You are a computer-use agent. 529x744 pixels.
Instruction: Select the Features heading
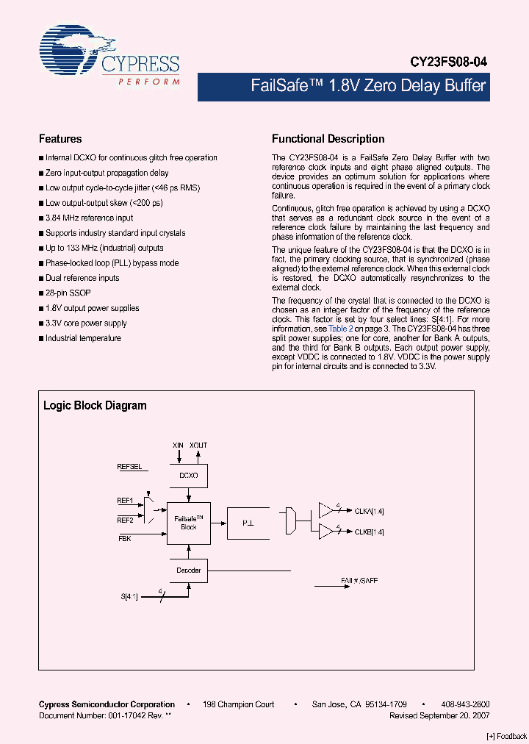point(60,139)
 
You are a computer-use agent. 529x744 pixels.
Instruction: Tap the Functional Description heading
point(328,139)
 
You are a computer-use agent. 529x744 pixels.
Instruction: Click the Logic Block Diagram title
point(95,406)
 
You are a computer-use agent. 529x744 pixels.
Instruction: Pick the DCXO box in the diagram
point(189,476)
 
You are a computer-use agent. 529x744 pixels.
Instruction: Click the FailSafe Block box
point(189,523)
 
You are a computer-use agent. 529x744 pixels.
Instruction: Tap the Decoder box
point(189,570)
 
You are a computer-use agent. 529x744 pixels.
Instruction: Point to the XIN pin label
point(178,446)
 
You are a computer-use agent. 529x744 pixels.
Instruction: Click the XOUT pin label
point(198,446)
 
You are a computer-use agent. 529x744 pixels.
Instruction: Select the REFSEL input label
point(129,467)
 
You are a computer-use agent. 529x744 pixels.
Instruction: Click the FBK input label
point(125,538)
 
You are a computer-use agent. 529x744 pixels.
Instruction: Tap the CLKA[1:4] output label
point(370,511)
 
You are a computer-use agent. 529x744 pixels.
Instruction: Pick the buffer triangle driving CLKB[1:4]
point(326,532)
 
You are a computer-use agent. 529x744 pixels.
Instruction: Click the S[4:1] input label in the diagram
point(129,596)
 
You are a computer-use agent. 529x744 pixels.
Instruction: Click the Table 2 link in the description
point(340,329)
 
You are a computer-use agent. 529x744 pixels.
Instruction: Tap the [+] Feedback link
point(507,736)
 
